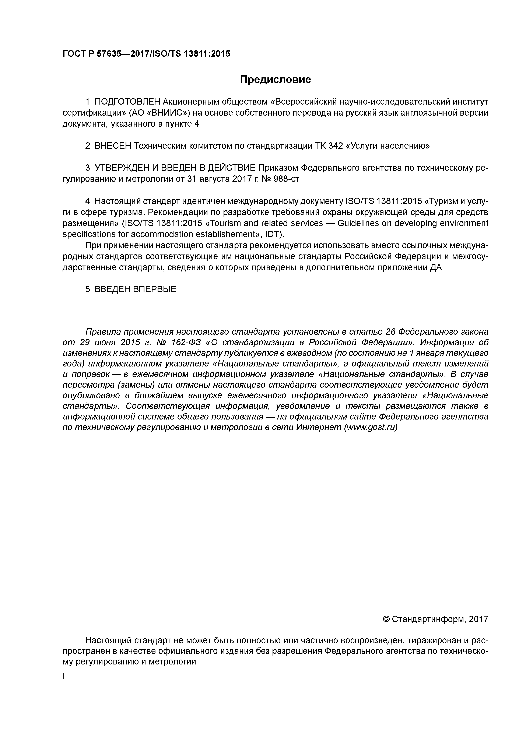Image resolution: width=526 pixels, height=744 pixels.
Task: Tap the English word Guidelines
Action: tap(357, 223)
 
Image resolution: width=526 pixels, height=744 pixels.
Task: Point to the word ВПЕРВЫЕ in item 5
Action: tap(155, 289)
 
